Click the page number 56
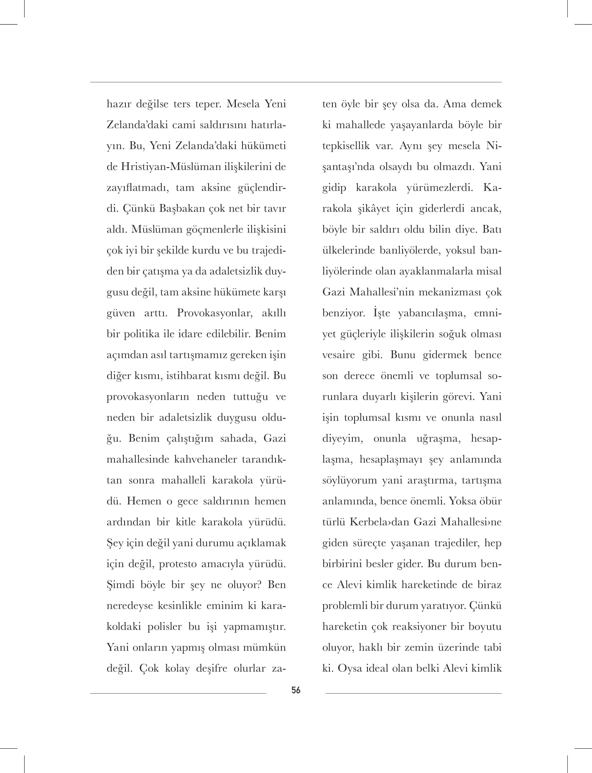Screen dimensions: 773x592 tap(296, 690)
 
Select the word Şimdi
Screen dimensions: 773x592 tap(119, 585)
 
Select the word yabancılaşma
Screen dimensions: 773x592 tap(429, 313)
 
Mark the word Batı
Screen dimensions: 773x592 tap(492, 230)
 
